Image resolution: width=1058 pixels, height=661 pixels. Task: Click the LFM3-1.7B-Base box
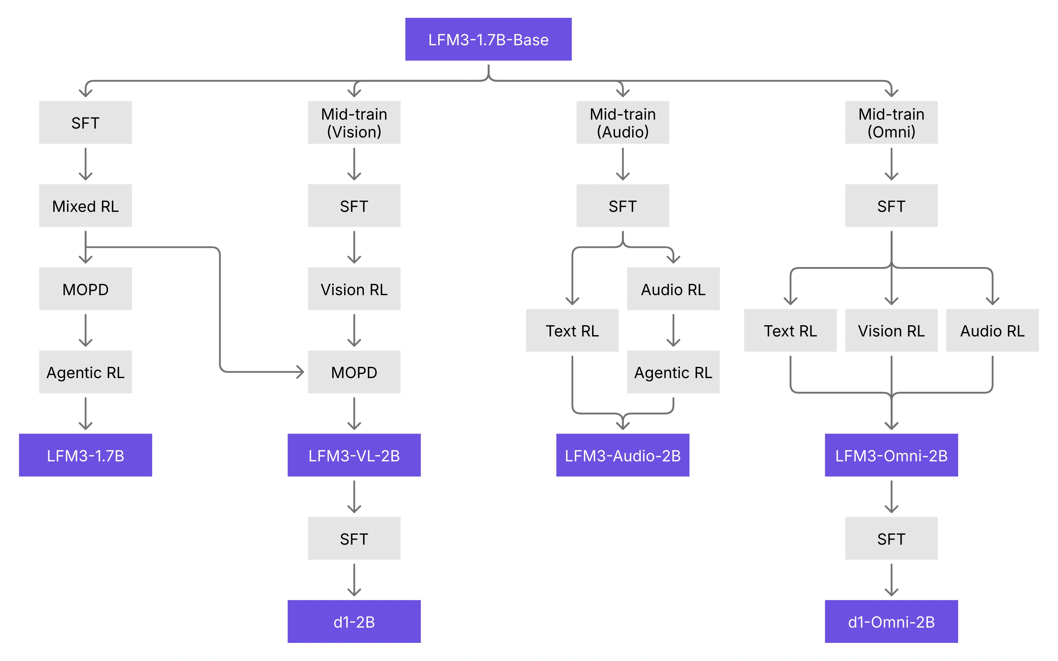[x=488, y=39]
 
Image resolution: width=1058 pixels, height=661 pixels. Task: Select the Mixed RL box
[x=85, y=206]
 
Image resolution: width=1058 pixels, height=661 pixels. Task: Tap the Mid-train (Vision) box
[x=354, y=122]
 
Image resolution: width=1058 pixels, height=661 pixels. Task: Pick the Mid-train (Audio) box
[x=623, y=122]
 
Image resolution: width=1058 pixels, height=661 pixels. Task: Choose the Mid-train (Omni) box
[x=891, y=122]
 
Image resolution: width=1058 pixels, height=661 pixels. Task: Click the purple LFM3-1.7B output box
[x=85, y=455]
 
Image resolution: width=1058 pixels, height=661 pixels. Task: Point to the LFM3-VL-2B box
[x=354, y=455]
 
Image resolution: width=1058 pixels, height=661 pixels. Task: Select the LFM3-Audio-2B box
[x=623, y=455]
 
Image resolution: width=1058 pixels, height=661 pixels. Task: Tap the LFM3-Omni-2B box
[x=891, y=455]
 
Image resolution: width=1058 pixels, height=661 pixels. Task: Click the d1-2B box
[x=354, y=621]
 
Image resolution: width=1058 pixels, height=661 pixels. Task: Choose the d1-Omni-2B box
[x=891, y=621]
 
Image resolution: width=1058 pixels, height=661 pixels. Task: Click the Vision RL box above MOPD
[x=354, y=289]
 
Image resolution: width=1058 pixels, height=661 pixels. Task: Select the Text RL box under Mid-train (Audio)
[x=572, y=330]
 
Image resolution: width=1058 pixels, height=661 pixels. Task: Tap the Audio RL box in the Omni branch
[x=993, y=330]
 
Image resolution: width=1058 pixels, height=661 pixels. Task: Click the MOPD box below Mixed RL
[x=85, y=289]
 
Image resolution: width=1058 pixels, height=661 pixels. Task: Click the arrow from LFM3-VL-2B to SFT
[x=354, y=497]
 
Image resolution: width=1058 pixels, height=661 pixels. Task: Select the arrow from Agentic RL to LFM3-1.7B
[x=85, y=413]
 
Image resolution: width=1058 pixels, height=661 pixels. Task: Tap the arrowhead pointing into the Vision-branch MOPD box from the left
[x=300, y=372]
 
